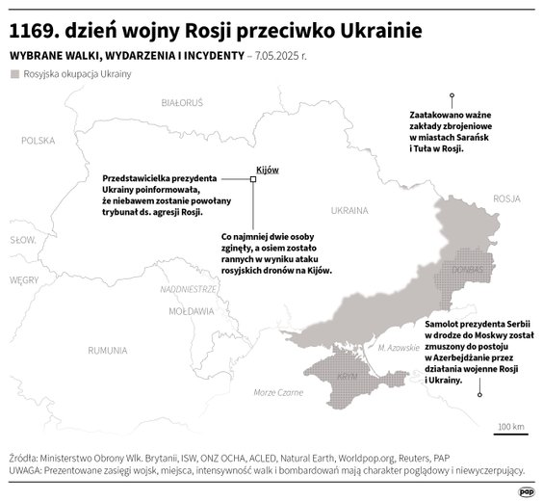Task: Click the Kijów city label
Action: click(267, 170)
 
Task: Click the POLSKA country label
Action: click(39, 141)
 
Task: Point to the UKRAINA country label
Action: click(349, 208)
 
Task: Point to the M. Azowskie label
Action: click(397, 347)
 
